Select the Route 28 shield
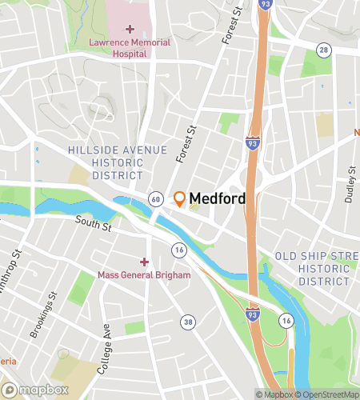coord(323,50)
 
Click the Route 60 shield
coord(155,198)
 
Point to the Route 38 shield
coord(188,322)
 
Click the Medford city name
coord(217,198)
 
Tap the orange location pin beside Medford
coord(179,198)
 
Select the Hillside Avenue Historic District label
coord(118,162)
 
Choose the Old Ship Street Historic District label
coord(316,269)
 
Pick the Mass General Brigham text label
coord(144,275)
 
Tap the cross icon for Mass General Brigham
coord(144,262)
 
